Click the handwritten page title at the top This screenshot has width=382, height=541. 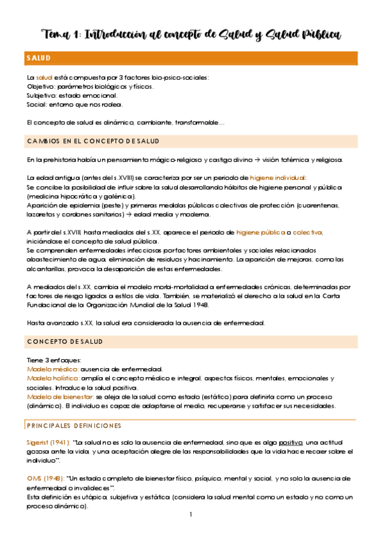tap(191, 34)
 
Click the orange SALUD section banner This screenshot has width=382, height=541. tap(191, 58)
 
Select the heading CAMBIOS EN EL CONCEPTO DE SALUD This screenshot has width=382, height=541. tap(93, 141)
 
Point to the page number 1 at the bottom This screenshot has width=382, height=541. tap(190, 515)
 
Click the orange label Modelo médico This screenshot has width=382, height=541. tap(52, 369)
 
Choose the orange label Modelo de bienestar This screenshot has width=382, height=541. tap(59, 397)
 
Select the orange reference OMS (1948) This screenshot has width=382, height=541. tap(43, 478)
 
